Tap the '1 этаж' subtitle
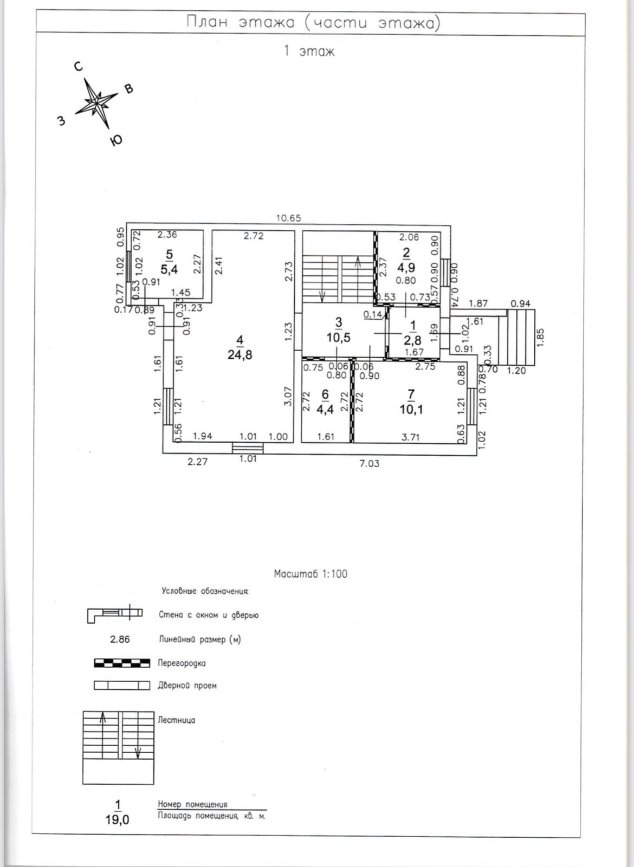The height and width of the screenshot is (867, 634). pos(309,51)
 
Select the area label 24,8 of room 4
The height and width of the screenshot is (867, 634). pos(240,355)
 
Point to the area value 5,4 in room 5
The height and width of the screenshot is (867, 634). pos(169,269)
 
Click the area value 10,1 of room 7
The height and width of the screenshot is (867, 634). pos(411,409)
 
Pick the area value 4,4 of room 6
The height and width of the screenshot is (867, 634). pos(325,409)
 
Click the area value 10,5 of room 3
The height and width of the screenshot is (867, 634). pos(339,337)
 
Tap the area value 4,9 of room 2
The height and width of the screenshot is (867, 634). pos(406,267)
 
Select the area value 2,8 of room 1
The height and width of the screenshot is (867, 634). pos(413,340)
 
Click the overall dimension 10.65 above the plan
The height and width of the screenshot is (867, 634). pos(288,218)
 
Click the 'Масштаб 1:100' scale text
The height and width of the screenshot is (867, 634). pos(310,574)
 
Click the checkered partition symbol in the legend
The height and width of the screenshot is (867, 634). pos(122,663)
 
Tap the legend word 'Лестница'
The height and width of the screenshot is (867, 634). pos(176,720)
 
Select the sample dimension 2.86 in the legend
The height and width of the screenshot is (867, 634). pos(120,639)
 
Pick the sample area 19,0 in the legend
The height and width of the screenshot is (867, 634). pos(118,819)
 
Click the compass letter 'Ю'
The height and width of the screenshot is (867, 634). pos(115,141)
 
